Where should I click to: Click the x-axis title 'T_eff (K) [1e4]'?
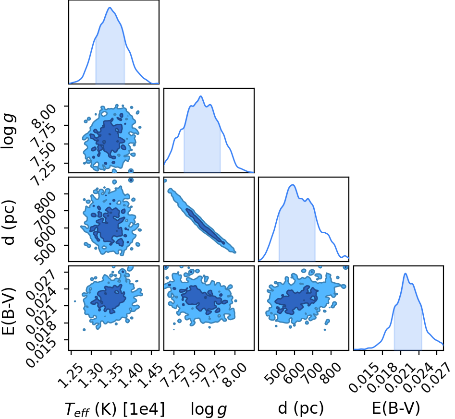(x=114, y=409)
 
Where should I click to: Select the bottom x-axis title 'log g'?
(x=209, y=409)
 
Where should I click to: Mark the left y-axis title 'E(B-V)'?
(x=8, y=311)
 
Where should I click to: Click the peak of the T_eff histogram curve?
(x=110, y=8)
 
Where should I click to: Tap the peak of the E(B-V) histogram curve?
(x=406, y=274)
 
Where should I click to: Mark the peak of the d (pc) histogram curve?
(x=293, y=185)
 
